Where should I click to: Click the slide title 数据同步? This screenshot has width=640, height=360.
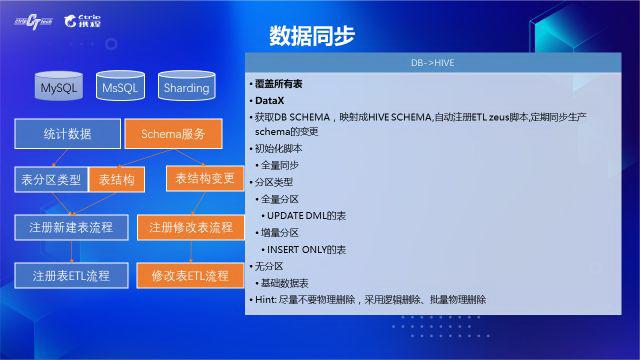(x=311, y=37)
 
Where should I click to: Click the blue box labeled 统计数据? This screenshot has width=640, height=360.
(x=68, y=133)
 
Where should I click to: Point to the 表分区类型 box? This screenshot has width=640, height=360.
(x=51, y=180)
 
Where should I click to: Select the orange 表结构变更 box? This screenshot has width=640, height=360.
(x=205, y=179)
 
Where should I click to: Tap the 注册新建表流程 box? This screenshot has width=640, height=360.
(x=71, y=227)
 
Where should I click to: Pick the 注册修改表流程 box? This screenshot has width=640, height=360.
(x=190, y=227)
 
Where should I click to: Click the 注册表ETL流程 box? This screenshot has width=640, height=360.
(x=71, y=275)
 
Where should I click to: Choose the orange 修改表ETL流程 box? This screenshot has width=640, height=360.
(x=190, y=275)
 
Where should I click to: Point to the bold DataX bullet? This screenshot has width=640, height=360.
(x=269, y=101)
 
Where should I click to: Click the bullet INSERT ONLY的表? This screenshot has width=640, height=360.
(x=306, y=249)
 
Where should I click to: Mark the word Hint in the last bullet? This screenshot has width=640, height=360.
(x=264, y=299)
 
